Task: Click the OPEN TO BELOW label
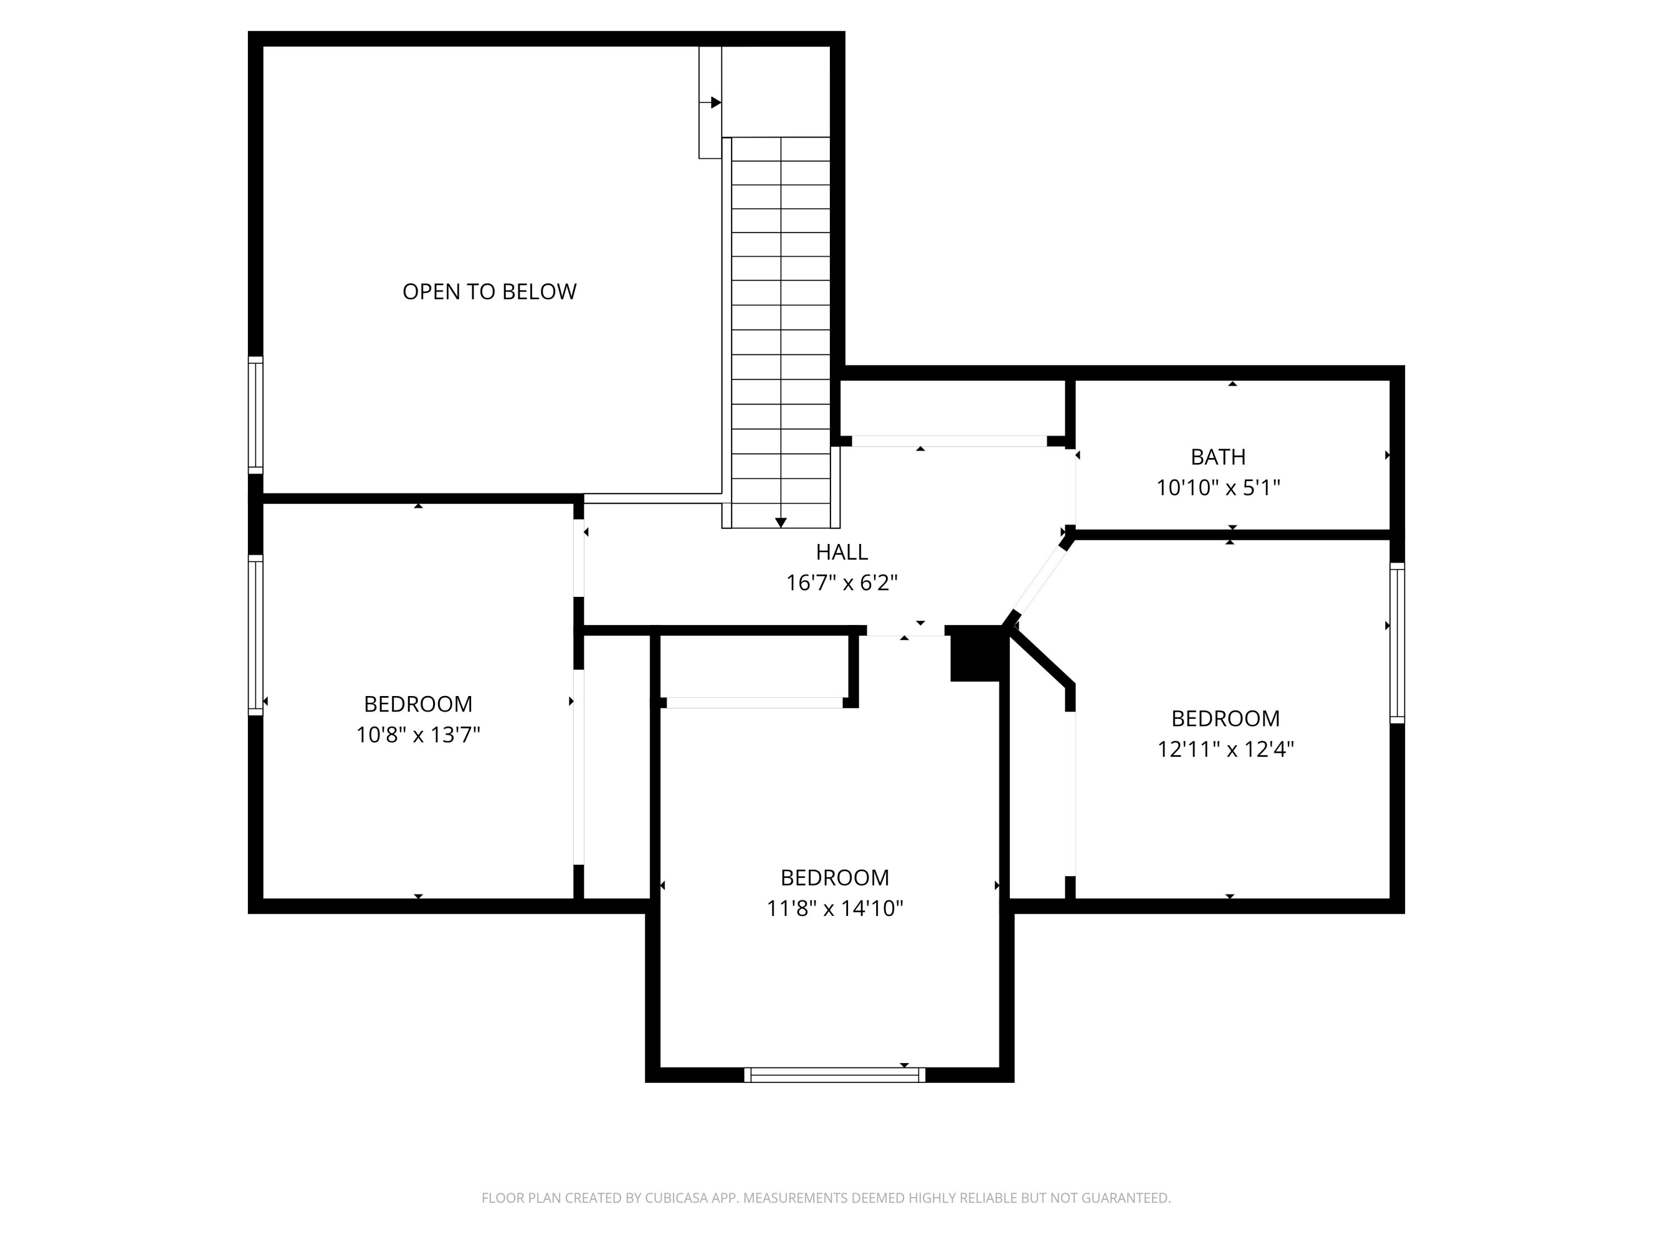click(x=489, y=292)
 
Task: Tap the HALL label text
click(x=841, y=552)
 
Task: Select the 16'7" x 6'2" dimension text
click(x=841, y=583)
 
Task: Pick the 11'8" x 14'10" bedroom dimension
click(x=835, y=908)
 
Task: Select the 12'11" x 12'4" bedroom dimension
click(x=1225, y=749)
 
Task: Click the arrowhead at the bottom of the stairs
click(x=781, y=522)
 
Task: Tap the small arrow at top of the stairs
click(x=715, y=103)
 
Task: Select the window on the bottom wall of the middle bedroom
click(x=835, y=1075)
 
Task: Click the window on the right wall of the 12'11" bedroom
click(x=1397, y=643)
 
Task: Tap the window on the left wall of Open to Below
click(x=256, y=415)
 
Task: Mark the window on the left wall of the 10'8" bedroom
click(x=256, y=634)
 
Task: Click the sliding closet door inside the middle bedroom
click(x=755, y=703)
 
